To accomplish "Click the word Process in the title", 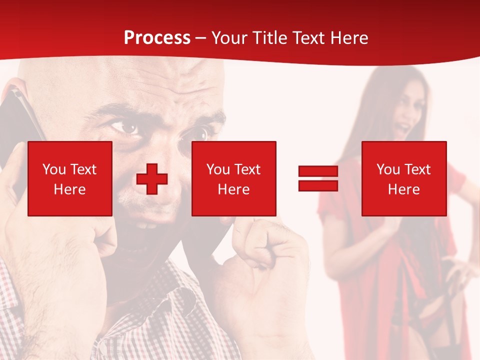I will tap(157, 38).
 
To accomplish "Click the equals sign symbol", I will tap(318, 178).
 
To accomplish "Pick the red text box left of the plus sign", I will tap(70, 178).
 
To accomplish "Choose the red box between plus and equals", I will tap(233, 178).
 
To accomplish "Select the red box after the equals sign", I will tap(403, 178).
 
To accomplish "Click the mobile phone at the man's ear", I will tap(22, 120).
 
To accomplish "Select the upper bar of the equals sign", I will tap(318, 171).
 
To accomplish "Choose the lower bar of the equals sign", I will tap(318, 185).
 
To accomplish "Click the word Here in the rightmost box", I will tap(403, 189).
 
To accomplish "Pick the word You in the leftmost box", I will tap(53, 169).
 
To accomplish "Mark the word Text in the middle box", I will tap(247, 169).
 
